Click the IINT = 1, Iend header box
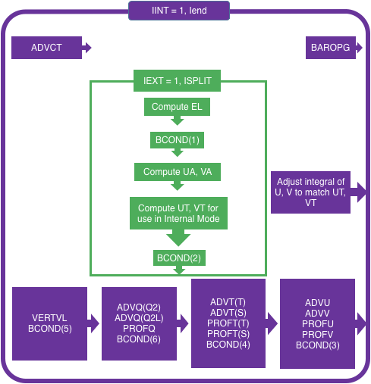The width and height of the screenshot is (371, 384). point(179,11)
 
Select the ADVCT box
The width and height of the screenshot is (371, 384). point(46,48)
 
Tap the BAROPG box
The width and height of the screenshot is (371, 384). point(331,48)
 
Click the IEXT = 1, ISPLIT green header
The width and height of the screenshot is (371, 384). point(177,81)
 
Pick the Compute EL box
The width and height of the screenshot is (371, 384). point(177,107)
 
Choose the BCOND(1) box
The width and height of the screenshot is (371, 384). point(177,140)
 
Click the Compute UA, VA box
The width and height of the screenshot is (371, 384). point(178,172)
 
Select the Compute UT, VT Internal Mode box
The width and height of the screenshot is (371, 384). point(178,214)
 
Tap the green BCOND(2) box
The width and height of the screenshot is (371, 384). point(179,258)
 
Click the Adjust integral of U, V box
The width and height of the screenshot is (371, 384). point(310,192)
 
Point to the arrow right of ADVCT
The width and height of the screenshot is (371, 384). point(86,48)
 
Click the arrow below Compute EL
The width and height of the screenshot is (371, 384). point(177,120)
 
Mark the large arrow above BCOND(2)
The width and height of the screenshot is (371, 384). point(178,238)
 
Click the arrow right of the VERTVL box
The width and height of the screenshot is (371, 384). point(93,323)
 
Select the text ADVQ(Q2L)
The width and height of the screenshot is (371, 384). point(139,318)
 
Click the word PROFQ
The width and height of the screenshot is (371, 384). point(139,329)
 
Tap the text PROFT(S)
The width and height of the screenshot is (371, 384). point(228,334)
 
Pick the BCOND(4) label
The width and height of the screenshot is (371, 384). point(228,345)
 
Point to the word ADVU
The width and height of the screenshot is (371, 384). point(317,303)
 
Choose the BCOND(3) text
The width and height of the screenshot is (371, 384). point(318,345)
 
